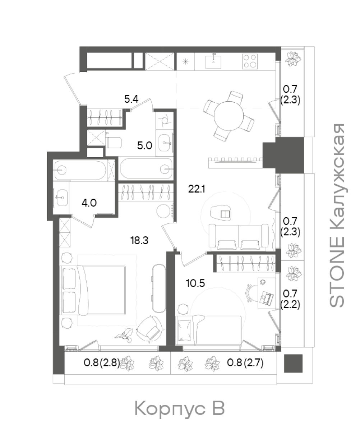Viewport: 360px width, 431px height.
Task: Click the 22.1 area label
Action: tap(197, 189)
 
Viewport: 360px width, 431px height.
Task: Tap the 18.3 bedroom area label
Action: tap(139, 241)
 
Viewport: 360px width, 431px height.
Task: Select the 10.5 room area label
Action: tap(195, 283)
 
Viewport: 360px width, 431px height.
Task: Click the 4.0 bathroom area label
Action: tap(89, 203)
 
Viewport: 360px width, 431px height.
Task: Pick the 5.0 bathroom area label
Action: tap(144, 146)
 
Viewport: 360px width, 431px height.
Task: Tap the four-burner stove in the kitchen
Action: tap(250, 61)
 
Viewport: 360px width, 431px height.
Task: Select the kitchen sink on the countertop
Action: tap(213, 61)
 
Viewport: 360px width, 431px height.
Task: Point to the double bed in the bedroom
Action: tap(92, 291)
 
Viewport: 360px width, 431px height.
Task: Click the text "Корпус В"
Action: tap(180, 408)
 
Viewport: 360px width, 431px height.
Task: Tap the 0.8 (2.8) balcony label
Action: tap(102, 362)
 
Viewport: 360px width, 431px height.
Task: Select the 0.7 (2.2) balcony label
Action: tap(290, 299)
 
